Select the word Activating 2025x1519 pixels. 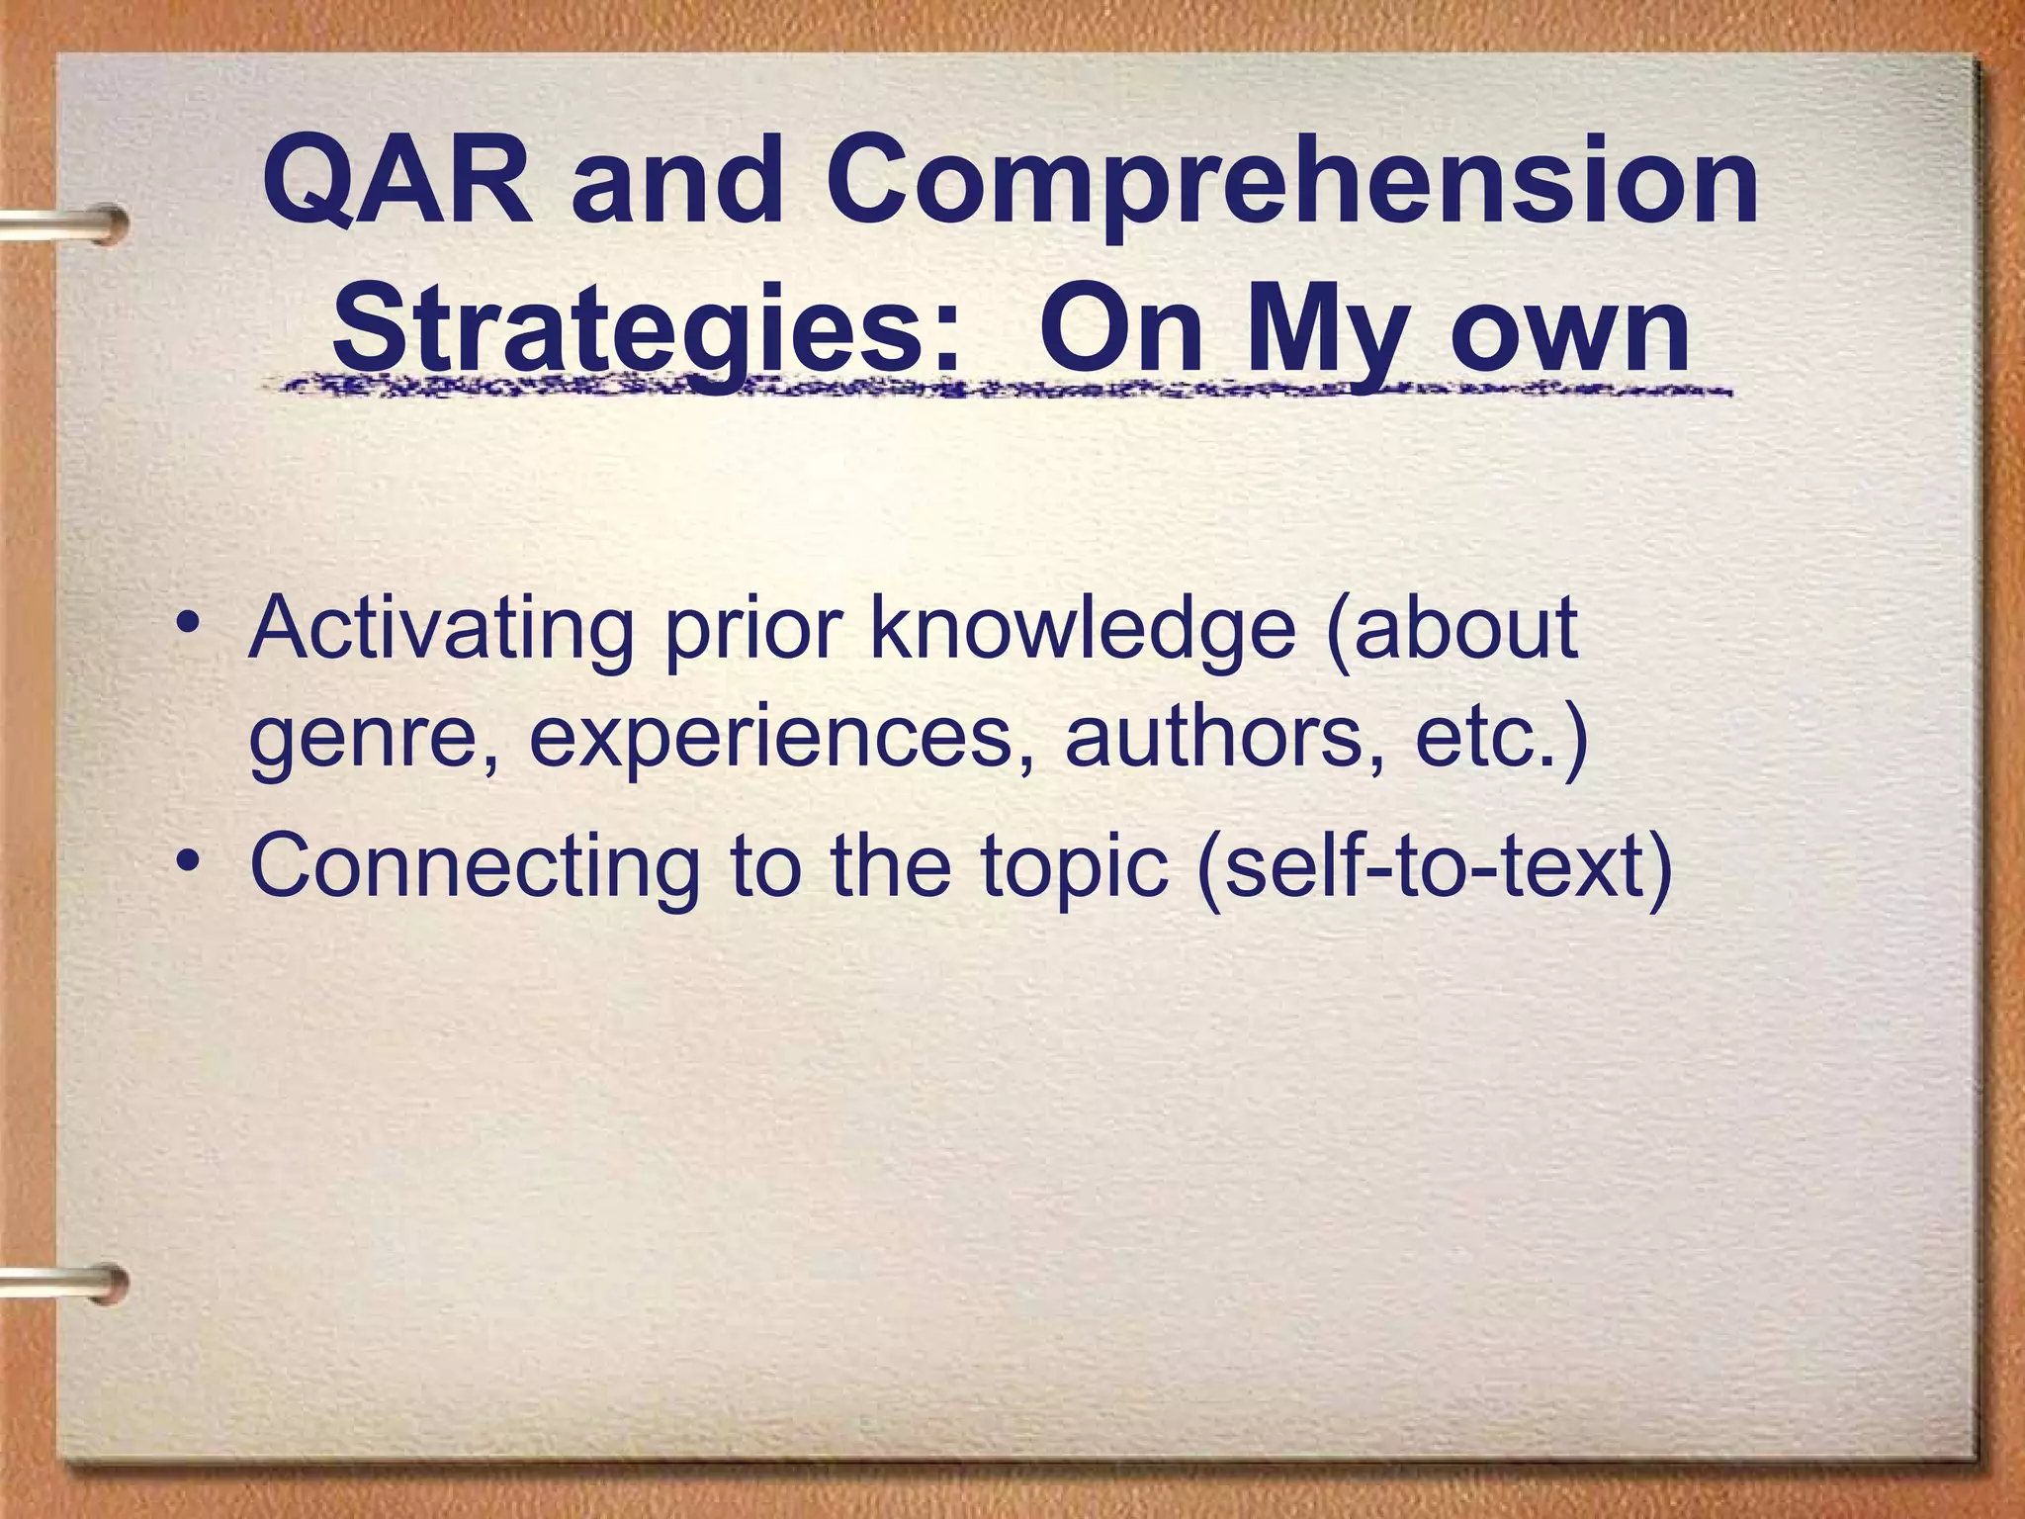point(441,630)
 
